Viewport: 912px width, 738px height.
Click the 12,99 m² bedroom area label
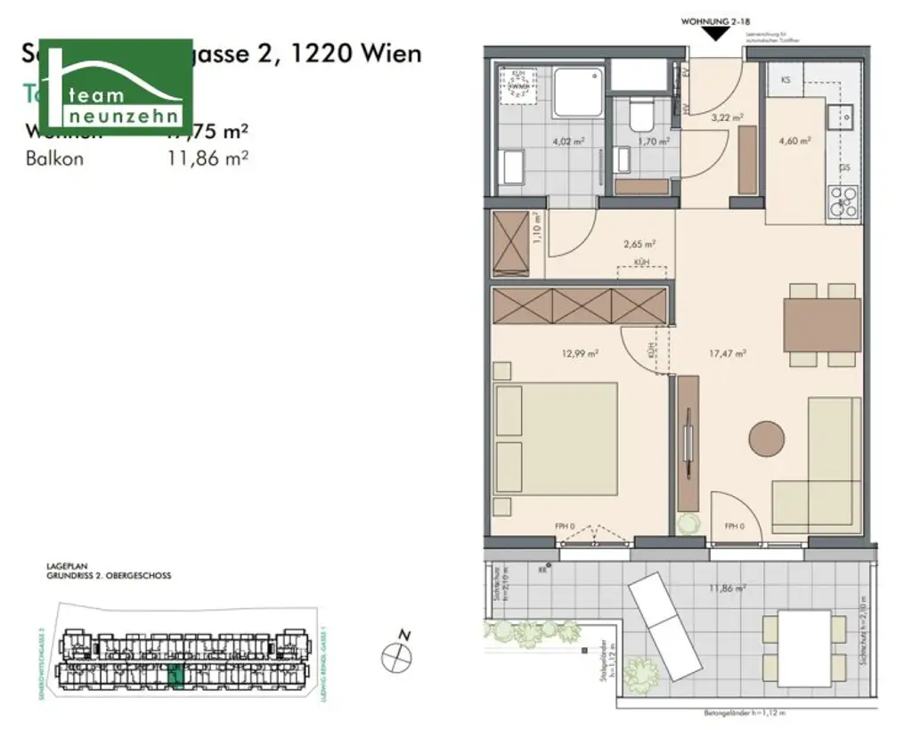click(x=579, y=353)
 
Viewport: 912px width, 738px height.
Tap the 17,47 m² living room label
click(x=727, y=353)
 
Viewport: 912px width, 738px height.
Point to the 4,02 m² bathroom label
click(x=567, y=141)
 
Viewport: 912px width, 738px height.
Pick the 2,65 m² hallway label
click(x=639, y=242)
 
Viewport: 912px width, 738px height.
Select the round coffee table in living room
click(x=766, y=439)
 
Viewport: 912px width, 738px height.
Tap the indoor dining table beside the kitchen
click(x=821, y=325)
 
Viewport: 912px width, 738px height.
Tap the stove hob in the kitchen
click(x=842, y=202)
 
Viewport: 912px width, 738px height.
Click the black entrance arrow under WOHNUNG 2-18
click(x=713, y=34)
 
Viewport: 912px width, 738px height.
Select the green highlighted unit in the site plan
click(x=176, y=677)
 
